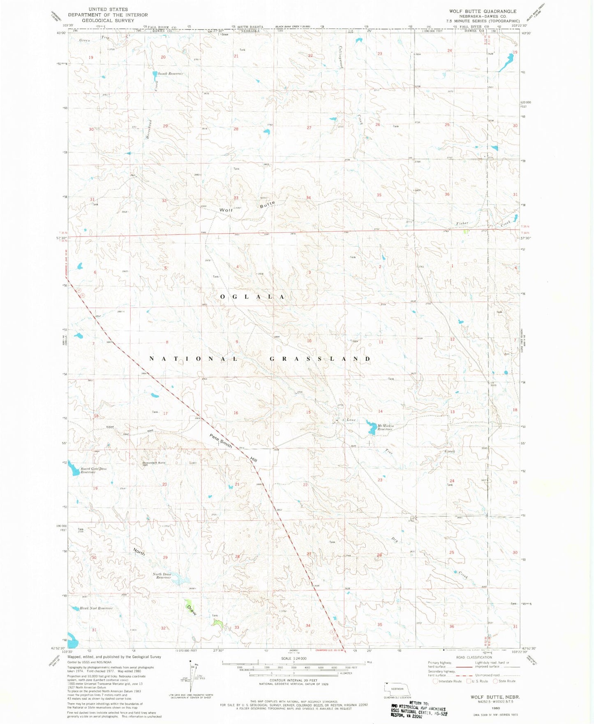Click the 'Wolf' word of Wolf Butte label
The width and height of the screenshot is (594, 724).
click(226, 210)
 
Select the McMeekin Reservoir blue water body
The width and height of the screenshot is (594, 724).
click(372, 428)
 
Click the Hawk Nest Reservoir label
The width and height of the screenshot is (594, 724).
click(96, 608)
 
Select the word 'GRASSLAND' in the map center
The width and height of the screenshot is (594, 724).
click(320, 359)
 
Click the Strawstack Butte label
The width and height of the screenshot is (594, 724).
click(154, 463)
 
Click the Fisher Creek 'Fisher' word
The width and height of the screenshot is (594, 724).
click(462, 223)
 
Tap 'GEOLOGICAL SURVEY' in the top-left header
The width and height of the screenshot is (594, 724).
click(108, 20)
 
